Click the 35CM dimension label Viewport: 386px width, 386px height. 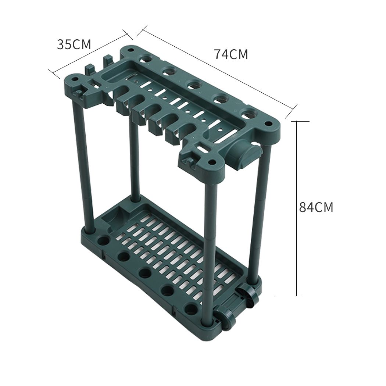(x=74, y=44)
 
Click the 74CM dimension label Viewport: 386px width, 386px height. (x=231, y=54)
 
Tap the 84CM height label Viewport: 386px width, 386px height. (x=315, y=207)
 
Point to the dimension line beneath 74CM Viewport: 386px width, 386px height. (x=217, y=68)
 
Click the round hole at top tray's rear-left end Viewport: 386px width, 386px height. (x=147, y=59)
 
